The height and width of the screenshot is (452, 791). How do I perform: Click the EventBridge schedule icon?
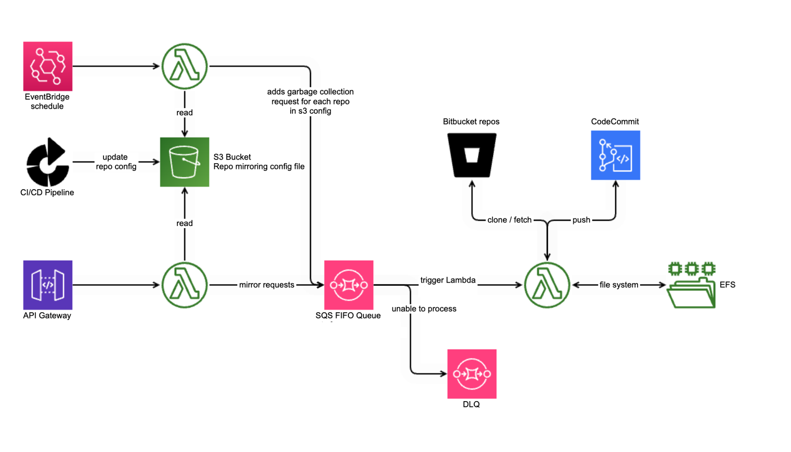pyautogui.click(x=48, y=66)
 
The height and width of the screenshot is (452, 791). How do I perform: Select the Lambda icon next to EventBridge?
pyautogui.click(x=185, y=66)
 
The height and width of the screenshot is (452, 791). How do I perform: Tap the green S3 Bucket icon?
pyautogui.click(x=185, y=162)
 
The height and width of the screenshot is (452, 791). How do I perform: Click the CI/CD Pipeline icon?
pyautogui.click(x=47, y=162)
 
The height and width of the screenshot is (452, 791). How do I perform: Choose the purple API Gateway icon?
pyautogui.click(x=48, y=285)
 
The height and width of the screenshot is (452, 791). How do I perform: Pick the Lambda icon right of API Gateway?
pyautogui.click(x=185, y=285)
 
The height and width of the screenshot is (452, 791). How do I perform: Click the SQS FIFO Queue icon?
pyautogui.click(x=348, y=285)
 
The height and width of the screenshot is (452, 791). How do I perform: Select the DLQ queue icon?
pyautogui.click(x=472, y=374)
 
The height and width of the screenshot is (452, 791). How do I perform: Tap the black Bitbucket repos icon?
pyautogui.click(x=472, y=155)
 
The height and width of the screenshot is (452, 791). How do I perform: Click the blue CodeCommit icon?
pyautogui.click(x=615, y=155)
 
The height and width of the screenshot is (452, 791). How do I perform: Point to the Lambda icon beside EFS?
pyautogui.click(x=547, y=285)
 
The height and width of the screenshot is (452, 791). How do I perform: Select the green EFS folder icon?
pyautogui.click(x=691, y=285)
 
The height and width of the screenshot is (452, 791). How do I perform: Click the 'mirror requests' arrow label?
pyautogui.click(x=266, y=285)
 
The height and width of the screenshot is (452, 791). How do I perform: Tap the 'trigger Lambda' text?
pyautogui.click(x=448, y=280)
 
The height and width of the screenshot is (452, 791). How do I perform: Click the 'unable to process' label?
pyautogui.click(x=424, y=309)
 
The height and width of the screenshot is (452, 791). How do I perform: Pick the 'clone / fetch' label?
pyautogui.click(x=509, y=220)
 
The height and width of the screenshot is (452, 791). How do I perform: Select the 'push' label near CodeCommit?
pyautogui.click(x=581, y=220)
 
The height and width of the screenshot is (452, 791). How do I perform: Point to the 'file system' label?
pyautogui.click(x=618, y=285)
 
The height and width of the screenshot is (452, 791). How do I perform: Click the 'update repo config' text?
pyautogui.click(x=115, y=162)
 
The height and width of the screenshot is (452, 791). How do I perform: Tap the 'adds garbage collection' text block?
pyautogui.click(x=310, y=101)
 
